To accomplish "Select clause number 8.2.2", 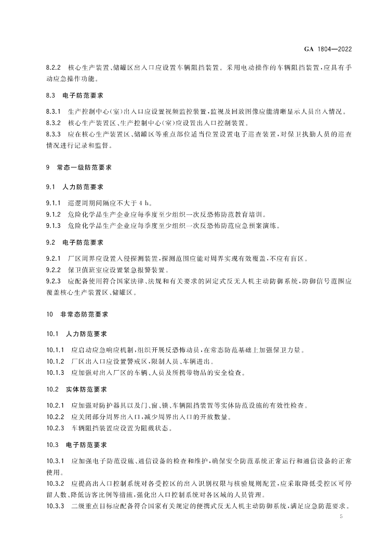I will (54, 68).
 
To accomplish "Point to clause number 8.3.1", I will (54, 112).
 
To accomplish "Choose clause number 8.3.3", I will (54, 135).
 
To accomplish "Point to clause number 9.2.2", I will (54, 270).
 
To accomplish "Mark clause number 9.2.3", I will (54, 281).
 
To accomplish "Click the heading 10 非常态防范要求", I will (78, 314).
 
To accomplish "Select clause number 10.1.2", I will (55, 361).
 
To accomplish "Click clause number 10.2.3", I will (55, 428).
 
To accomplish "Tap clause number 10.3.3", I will (55, 507).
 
